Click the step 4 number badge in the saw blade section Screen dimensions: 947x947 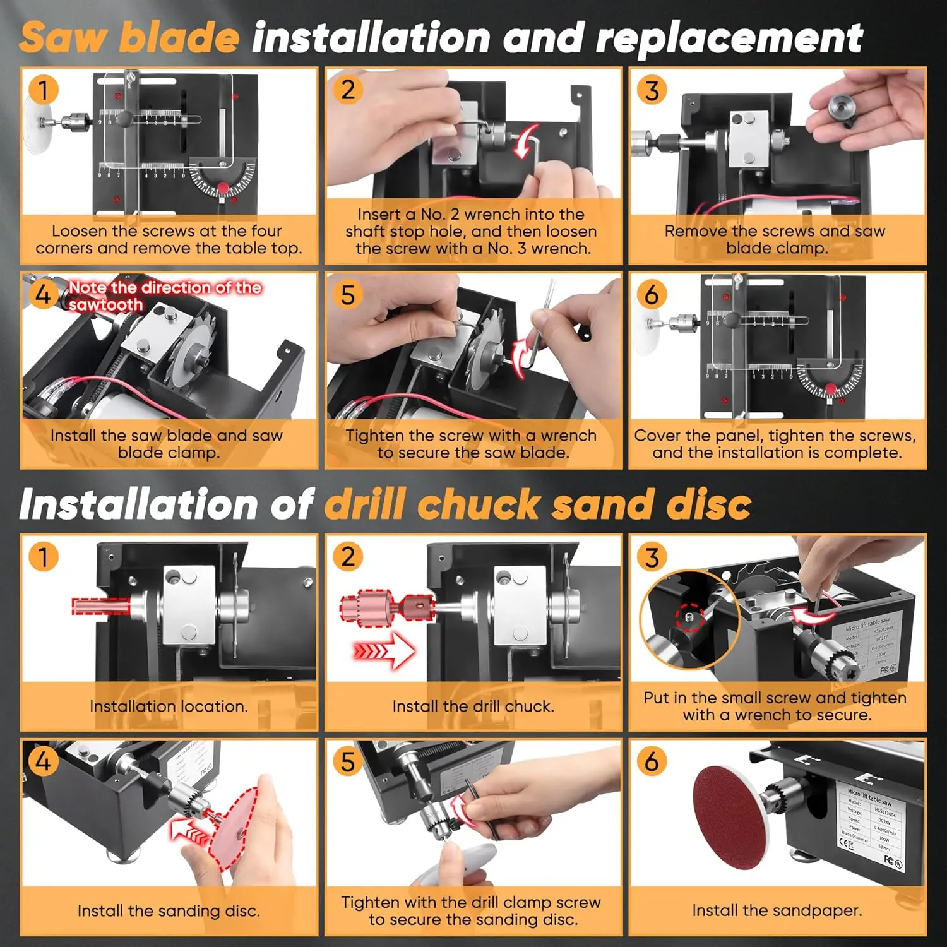pyautogui.click(x=42, y=294)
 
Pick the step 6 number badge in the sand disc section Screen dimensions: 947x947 pyautogui.click(x=652, y=761)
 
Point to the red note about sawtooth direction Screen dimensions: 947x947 pyautogui.click(x=164, y=295)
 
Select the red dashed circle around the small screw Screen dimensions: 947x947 pyautogui.click(x=689, y=616)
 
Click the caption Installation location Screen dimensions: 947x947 pyautogui.click(x=169, y=706)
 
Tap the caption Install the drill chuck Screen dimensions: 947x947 pyautogui.click(x=473, y=706)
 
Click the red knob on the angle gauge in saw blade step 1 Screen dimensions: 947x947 pyautogui.click(x=223, y=188)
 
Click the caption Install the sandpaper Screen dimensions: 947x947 pyautogui.click(x=777, y=910)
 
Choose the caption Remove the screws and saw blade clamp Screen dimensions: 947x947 pyautogui.click(x=775, y=239)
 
